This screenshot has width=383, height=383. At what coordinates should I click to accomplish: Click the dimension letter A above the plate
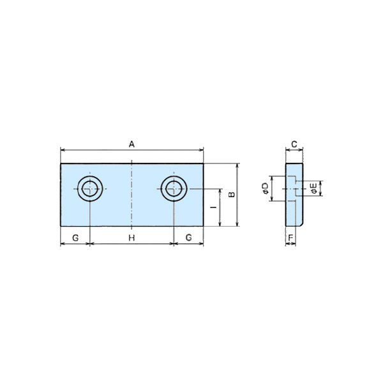[131, 144]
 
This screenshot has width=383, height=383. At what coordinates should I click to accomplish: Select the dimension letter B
[231, 195]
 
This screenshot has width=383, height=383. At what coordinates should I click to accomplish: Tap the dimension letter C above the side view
[294, 144]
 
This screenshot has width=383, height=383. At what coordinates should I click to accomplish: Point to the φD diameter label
[265, 188]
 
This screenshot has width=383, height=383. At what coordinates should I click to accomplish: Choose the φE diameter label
[313, 188]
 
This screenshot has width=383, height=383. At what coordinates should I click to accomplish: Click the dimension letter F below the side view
[290, 237]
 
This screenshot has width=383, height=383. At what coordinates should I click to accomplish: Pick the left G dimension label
[75, 237]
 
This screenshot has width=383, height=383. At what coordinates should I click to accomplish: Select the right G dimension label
[188, 237]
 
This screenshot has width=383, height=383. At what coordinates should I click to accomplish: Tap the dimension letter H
[131, 237]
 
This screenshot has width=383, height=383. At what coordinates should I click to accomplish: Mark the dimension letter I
[214, 207]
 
